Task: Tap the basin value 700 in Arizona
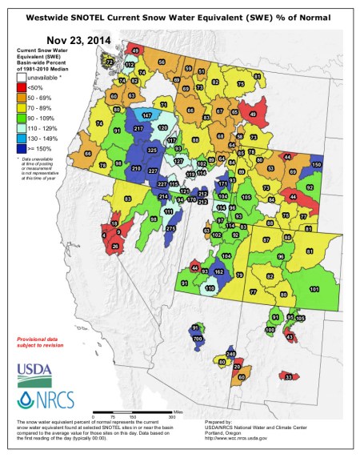tap(198, 339)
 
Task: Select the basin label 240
tap(230, 354)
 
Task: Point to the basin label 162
tap(219, 272)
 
